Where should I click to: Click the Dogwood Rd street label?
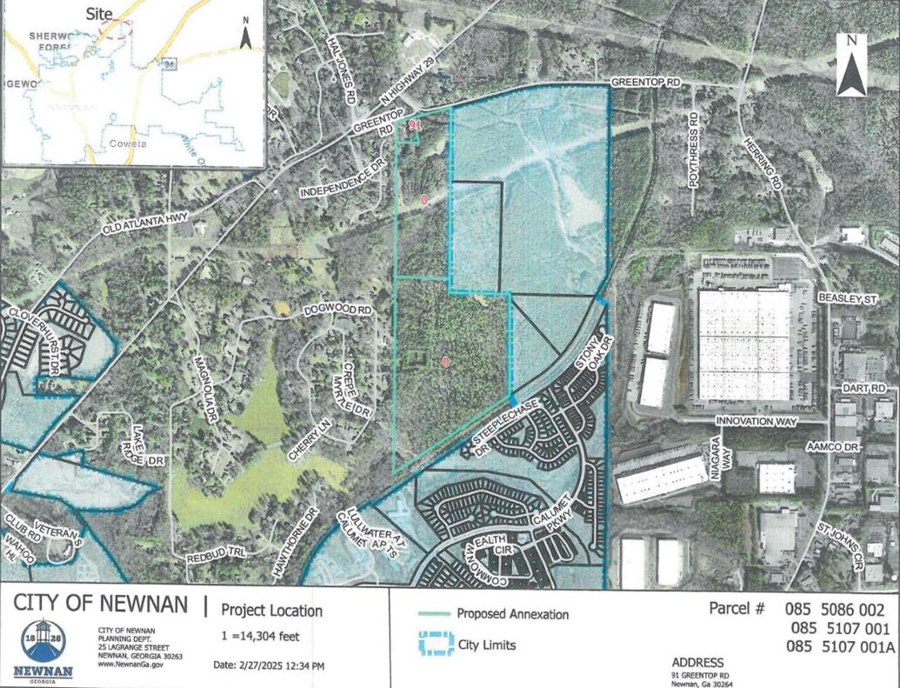338,311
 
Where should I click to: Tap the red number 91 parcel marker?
415,126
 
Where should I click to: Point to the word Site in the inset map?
101,13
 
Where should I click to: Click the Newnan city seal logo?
43,647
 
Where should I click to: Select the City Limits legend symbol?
430,645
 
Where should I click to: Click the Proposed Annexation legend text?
512,614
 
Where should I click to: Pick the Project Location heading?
271,611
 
